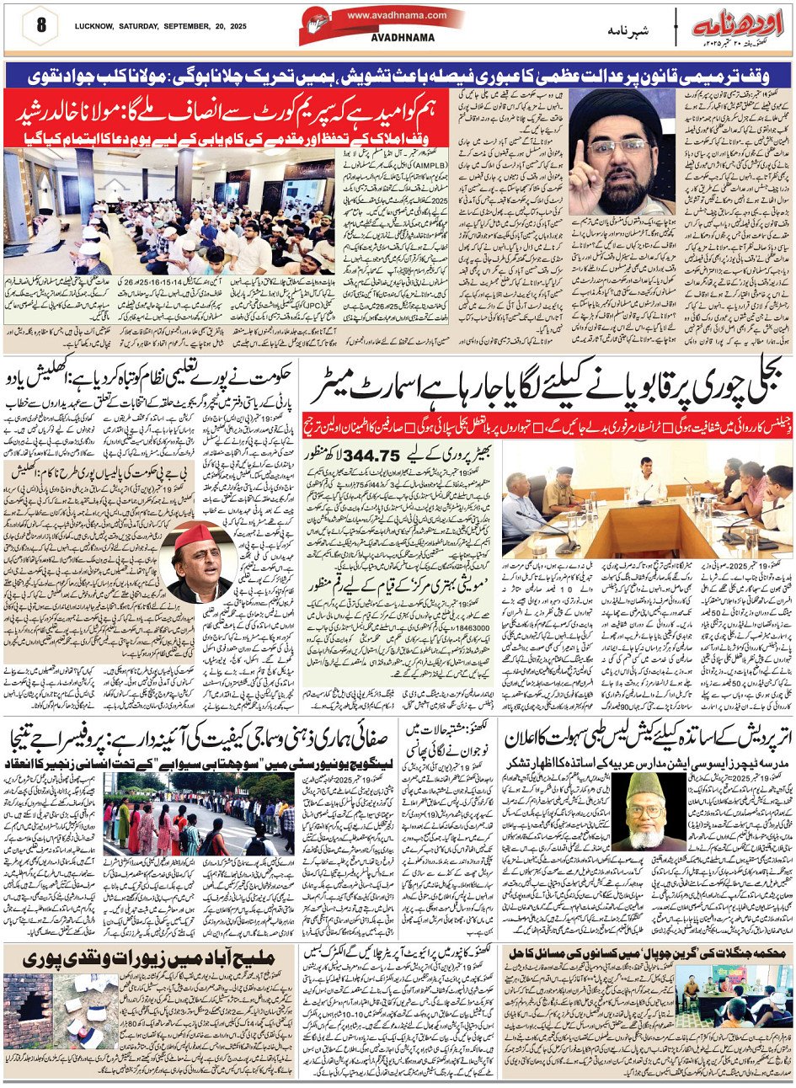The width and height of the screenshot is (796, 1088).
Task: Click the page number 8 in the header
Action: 40,23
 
